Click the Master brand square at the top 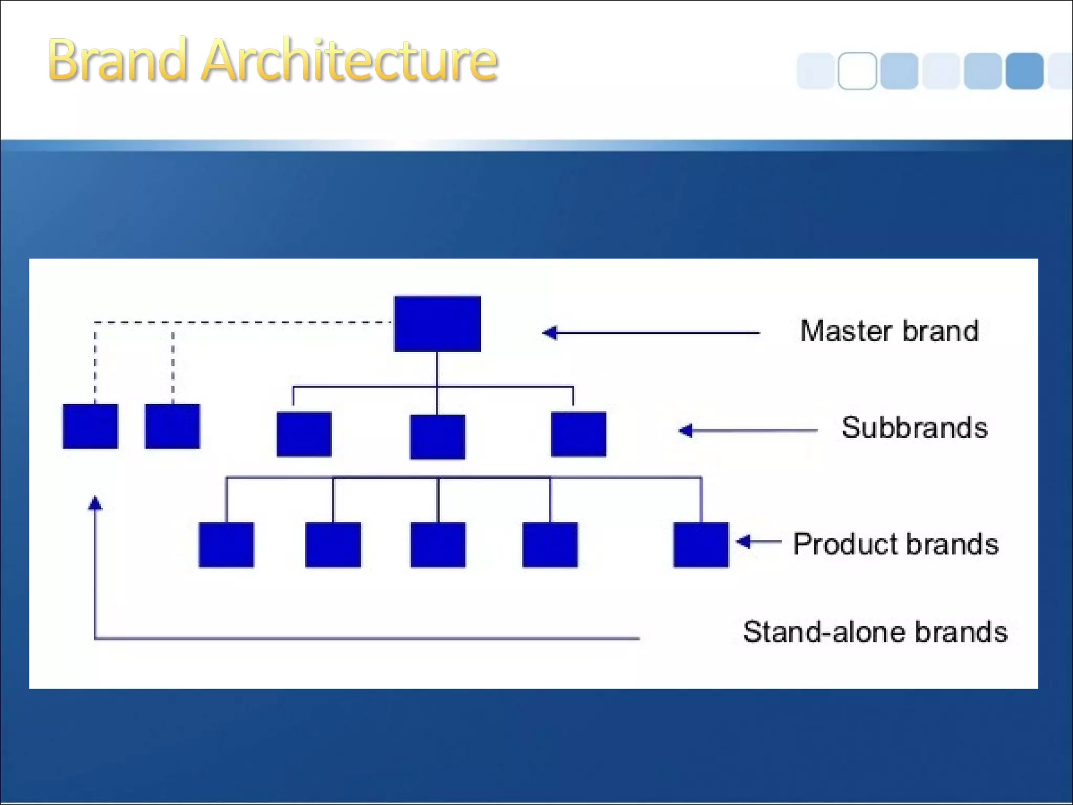point(437,323)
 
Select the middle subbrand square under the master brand point(437,437)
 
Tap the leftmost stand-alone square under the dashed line point(90,426)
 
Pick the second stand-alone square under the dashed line point(172,426)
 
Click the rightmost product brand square point(700,544)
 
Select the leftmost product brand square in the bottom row point(226,544)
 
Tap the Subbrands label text point(914,428)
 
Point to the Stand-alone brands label point(875,632)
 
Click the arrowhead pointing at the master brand point(550,332)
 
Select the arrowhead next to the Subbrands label point(686,430)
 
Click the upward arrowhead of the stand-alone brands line point(95,504)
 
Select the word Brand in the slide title point(117,61)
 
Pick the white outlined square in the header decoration point(857,71)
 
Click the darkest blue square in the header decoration point(1024,71)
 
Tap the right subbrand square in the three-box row point(578,434)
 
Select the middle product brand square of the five point(437,544)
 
